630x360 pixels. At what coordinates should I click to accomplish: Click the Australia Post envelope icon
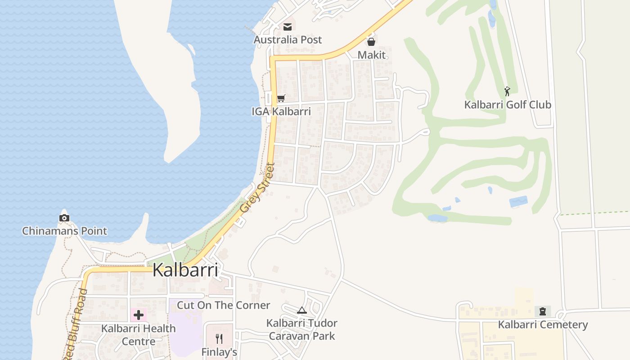[288, 27]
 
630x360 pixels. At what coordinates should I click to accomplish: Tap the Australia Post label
[288, 40]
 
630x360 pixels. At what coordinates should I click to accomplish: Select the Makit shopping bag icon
[371, 42]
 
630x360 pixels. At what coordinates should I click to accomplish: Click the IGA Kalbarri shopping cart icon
[281, 98]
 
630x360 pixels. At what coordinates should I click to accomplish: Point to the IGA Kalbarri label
[281, 111]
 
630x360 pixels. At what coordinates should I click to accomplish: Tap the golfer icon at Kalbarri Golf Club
[508, 91]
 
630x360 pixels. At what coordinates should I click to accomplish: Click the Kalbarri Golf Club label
[508, 105]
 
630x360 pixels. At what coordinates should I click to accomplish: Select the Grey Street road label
[257, 188]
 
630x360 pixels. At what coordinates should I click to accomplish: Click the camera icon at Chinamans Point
[64, 218]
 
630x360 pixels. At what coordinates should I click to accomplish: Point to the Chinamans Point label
[65, 231]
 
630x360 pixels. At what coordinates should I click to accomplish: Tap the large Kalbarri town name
[185, 270]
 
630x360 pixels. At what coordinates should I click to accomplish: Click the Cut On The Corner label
[224, 305]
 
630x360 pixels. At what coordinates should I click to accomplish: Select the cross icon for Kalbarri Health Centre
[139, 315]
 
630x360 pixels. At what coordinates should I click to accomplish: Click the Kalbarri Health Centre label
[139, 335]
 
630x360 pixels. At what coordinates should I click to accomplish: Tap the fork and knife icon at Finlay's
[219, 338]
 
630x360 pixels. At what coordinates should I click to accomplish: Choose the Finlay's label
[219, 352]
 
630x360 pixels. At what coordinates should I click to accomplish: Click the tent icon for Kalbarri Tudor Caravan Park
[302, 310]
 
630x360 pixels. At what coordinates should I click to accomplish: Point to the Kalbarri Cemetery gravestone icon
[543, 311]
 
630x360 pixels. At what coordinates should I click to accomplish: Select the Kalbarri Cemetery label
[543, 324]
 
